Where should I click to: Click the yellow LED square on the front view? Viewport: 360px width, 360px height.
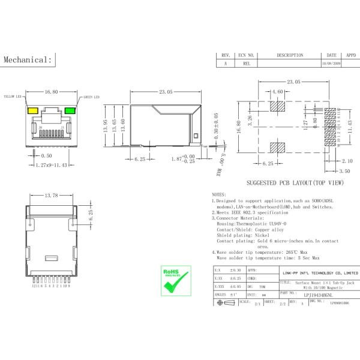coord(31,110)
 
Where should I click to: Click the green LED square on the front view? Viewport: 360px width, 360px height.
coord(70,110)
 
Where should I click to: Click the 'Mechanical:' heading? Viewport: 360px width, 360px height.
coord(28,60)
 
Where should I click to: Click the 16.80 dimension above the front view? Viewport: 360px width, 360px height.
coord(51,92)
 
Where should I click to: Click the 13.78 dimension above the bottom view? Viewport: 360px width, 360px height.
coord(52,196)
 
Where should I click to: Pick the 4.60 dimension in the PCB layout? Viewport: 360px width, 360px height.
coord(277,92)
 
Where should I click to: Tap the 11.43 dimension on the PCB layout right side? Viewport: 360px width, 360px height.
coord(350,127)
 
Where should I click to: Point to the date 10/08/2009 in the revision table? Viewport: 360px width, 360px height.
coord(331,63)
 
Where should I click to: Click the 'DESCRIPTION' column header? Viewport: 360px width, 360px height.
coord(290,55)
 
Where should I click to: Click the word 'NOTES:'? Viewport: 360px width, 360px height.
coord(220,195)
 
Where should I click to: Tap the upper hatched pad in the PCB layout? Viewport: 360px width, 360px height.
coord(277,107)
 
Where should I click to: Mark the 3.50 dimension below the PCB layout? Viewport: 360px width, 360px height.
coord(344,171)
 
